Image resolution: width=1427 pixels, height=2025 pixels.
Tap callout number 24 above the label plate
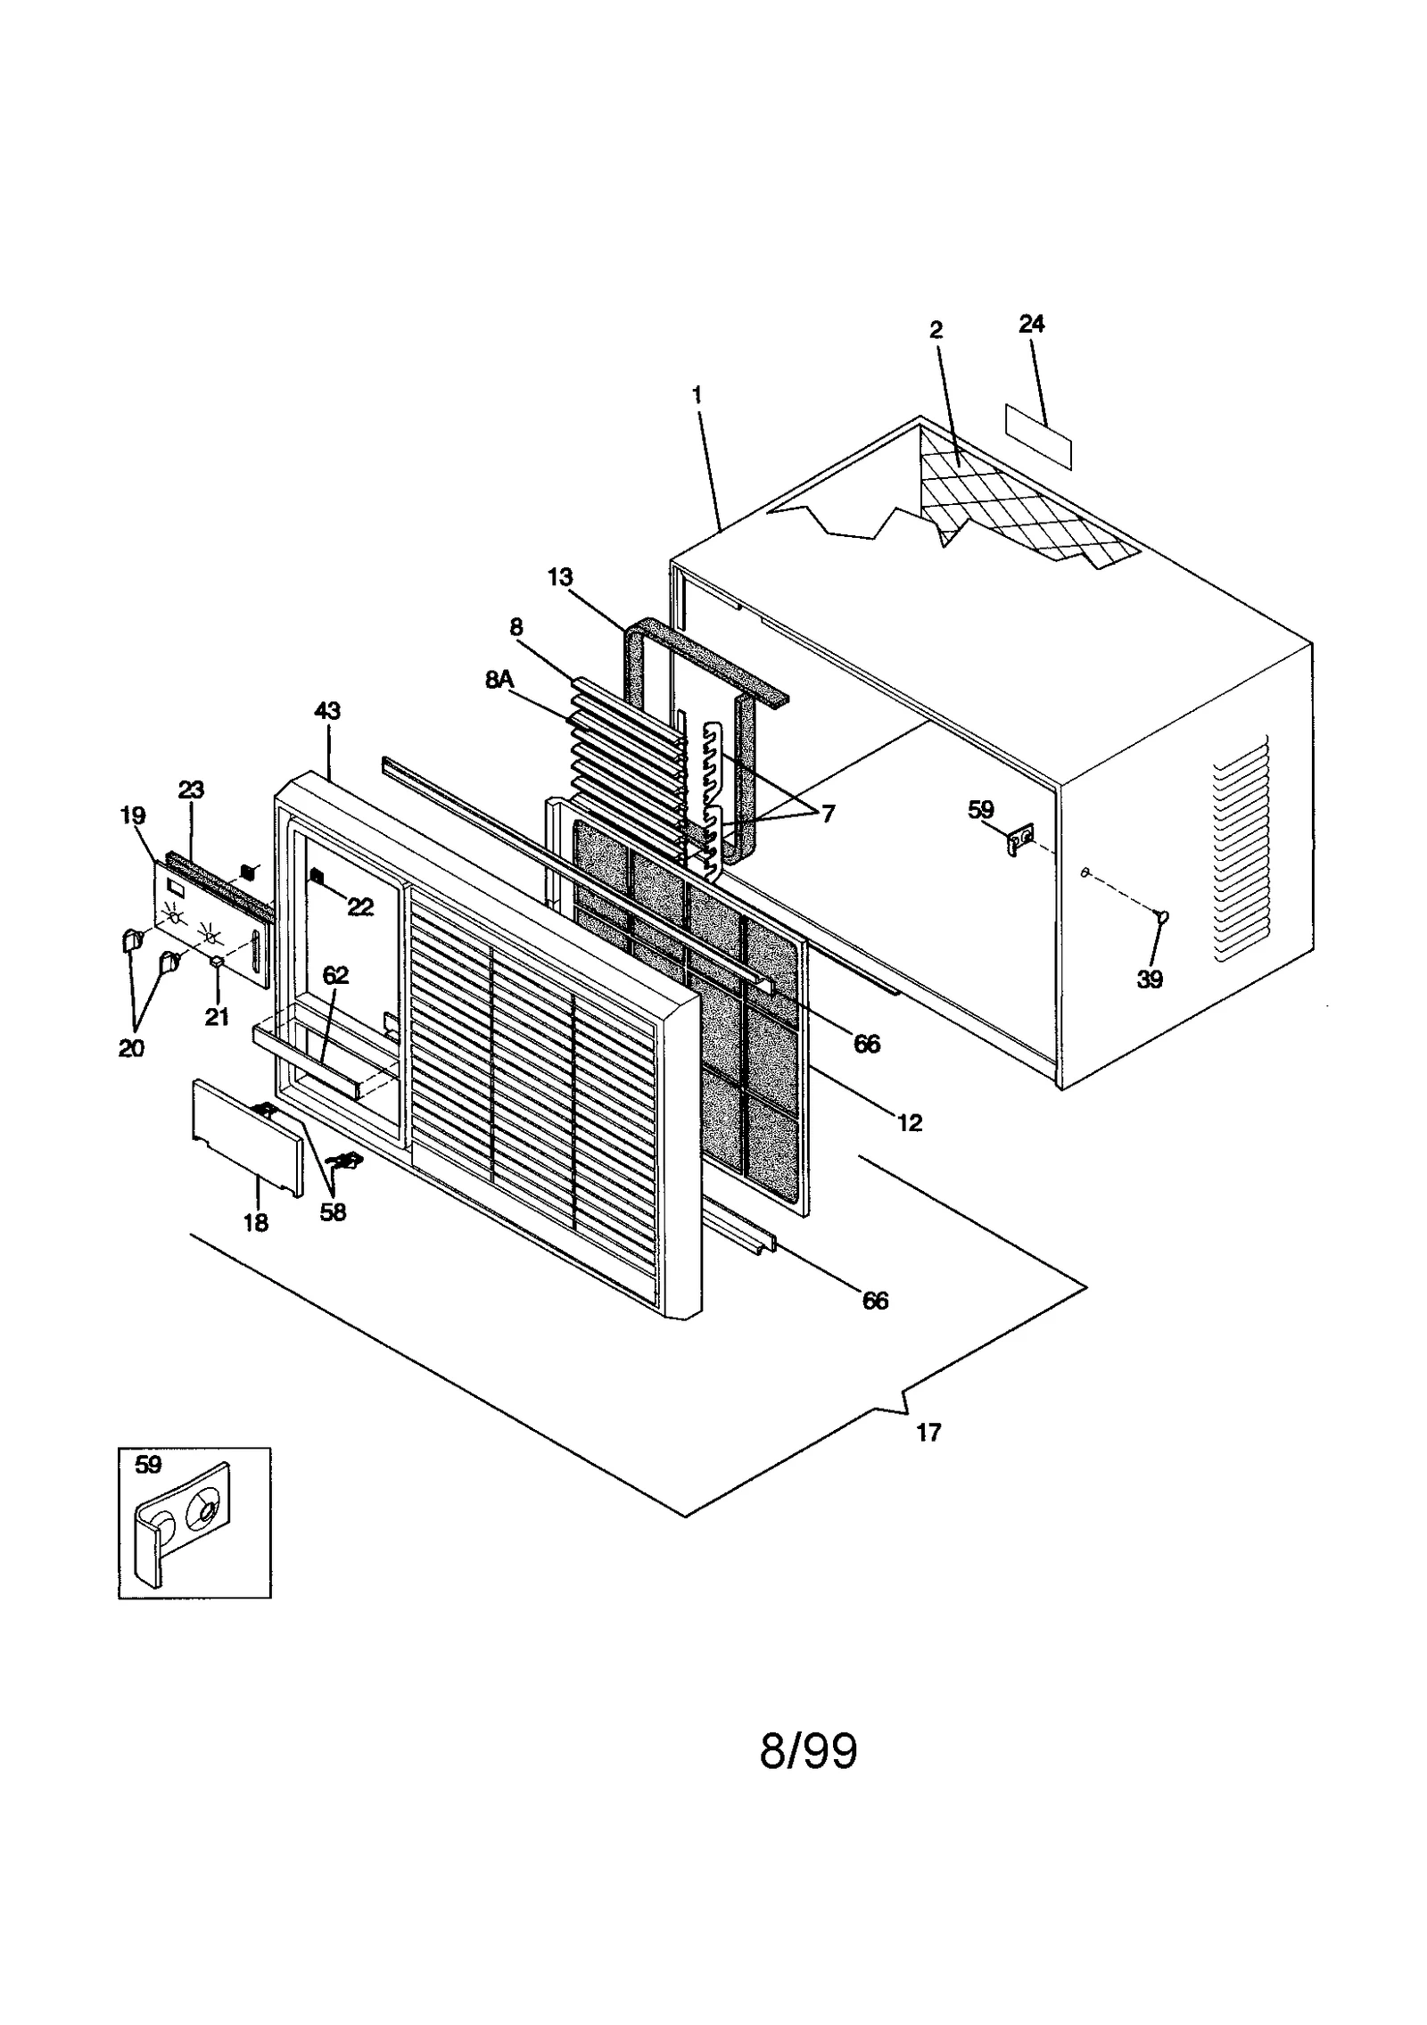coord(1031,324)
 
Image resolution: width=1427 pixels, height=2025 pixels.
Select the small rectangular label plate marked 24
coord(1038,436)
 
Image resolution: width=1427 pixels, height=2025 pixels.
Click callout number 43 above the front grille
coord(327,711)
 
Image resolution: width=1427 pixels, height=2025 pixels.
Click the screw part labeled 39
coord(1162,914)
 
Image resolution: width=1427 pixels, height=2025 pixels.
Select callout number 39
coord(1150,979)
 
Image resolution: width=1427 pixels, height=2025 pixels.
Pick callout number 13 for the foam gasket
coord(560,577)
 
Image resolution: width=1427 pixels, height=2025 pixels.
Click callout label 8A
coord(499,680)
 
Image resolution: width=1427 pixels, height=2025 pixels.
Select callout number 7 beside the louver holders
coord(828,813)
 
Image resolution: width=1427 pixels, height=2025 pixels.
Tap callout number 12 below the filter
coord(909,1122)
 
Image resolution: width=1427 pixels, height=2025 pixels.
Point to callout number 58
coord(333,1212)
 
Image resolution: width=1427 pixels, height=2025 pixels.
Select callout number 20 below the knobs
coord(131,1049)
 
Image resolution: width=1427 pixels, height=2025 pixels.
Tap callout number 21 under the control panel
coord(217,1017)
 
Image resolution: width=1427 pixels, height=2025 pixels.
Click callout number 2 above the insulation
coord(936,330)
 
